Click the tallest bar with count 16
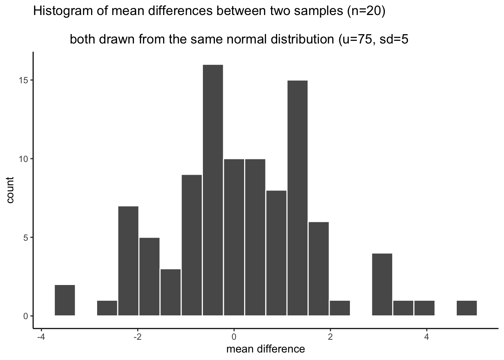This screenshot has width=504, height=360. [x=213, y=190]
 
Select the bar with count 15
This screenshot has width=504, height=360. [x=297, y=198]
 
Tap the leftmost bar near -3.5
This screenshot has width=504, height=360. [x=65, y=300]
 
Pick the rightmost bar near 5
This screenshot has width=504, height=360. [x=466, y=308]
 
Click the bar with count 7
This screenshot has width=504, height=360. [x=128, y=261]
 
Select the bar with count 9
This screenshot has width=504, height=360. [x=192, y=245]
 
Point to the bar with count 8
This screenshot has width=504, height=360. [x=276, y=253]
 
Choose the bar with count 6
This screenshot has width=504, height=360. [x=318, y=269]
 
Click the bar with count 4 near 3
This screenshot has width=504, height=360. [x=382, y=285]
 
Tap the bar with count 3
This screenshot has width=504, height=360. [x=170, y=292]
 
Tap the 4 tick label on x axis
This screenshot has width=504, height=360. [x=426, y=336]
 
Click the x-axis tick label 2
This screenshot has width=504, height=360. [x=330, y=336]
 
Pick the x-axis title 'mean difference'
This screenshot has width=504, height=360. [x=265, y=349]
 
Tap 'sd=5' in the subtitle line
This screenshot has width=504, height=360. [x=394, y=39]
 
